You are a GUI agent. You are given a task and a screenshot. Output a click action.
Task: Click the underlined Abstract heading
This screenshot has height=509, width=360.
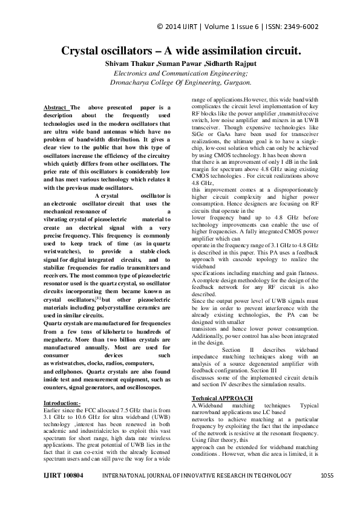click(x=56, y=108)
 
